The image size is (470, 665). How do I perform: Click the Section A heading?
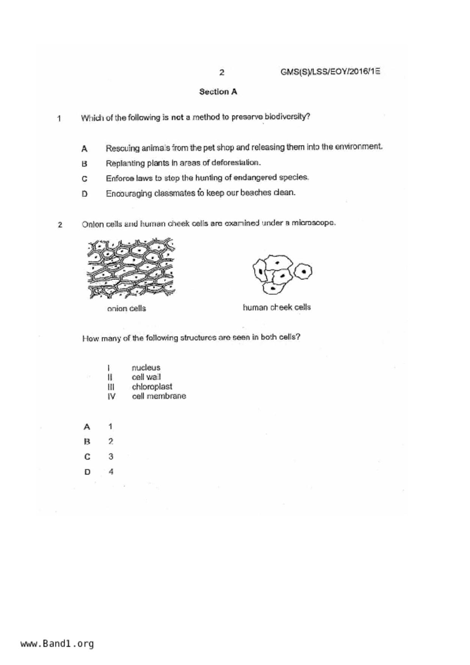[218, 92]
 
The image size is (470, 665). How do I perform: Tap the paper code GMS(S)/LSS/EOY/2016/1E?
[330, 72]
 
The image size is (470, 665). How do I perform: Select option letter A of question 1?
[84, 149]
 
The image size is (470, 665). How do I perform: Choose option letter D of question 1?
[84, 194]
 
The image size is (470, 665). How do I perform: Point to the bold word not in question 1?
[177, 118]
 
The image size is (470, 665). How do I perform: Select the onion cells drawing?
[131, 268]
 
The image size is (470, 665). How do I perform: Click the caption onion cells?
[126, 309]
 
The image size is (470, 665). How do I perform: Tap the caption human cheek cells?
[277, 307]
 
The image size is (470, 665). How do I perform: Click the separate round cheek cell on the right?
[303, 271]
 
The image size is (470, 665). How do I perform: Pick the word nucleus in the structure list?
[146, 367]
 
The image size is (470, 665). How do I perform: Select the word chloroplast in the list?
[152, 387]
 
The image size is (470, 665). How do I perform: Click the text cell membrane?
[159, 396]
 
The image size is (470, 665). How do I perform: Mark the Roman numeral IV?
[111, 397]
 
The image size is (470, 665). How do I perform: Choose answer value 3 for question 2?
[111, 456]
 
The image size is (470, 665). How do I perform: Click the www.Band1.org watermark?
[57, 644]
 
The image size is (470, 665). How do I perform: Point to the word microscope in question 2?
[313, 223]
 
